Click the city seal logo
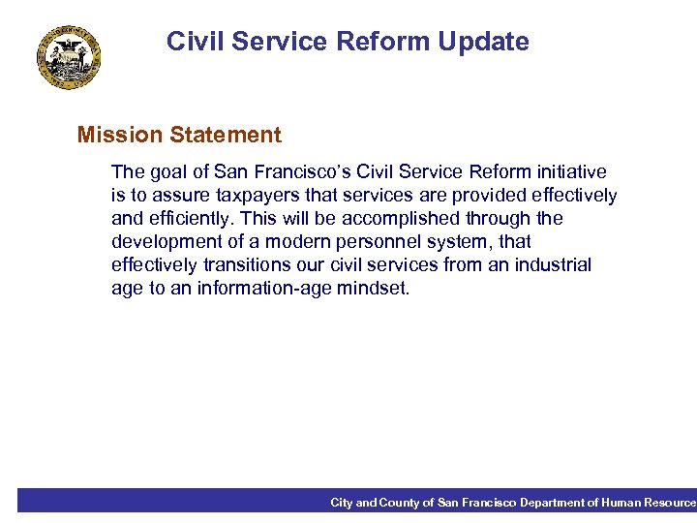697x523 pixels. [70, 58]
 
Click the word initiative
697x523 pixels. [571, 172]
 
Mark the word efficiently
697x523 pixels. [192, 219]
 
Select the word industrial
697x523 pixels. [554, 265]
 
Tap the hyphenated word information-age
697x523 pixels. [259, 289]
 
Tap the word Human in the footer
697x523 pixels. [625, 503]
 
